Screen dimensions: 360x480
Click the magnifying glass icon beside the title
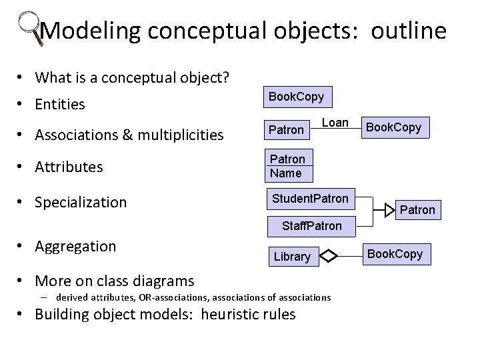pyautogui.click(x=29, y=27)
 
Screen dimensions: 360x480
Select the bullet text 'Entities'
pyautogui.click(x=61, y=105)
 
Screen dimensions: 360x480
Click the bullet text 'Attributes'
pyautogui.click(x=69, y=167)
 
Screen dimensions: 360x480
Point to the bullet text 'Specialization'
pyautogui.click(x=81, y=202)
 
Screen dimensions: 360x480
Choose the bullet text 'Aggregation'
pyautogui.click(x=75, y=246)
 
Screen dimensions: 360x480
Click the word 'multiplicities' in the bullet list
pyautogui.click(x=179, y=135)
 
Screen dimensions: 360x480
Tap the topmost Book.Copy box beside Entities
pyautogui.click(x=296, y=97)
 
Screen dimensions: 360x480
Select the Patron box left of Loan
pyautogui.click(x=285, y=129)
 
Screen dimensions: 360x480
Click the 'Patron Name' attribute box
pyautogui.click(x=287, y=167)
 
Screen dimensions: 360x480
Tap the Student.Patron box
pyautogui.click(x=310, y=199)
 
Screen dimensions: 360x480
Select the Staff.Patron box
pyautogui.click(x=311, y=226)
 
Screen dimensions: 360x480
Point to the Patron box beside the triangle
pyautogui.click(x=417, y=210)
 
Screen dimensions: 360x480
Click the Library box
pyautogui.click(x=292, y=257)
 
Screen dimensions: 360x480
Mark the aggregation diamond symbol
pyautogui.click(x=331, y=255)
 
